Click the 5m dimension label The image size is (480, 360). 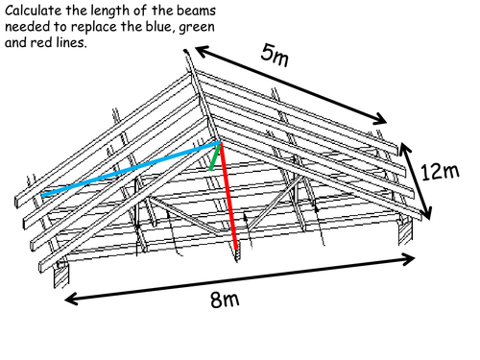pyautogui.click(x=276, y=54)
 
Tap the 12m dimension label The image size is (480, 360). pyautogui.click(x=440, y=171)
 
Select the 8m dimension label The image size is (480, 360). pyautogui.click(x=225, y=300)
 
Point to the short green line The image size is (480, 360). pyautogui.click(x=214, y=157)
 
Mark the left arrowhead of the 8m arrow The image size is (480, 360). pyautogui.click(x=69, y=299)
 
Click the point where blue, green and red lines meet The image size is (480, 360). pyautogui.click(x=220, y=144)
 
